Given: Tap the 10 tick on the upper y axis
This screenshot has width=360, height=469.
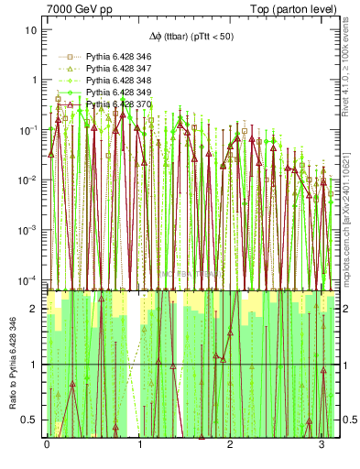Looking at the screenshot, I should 32,29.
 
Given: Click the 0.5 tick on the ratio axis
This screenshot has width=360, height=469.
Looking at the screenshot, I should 34,420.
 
